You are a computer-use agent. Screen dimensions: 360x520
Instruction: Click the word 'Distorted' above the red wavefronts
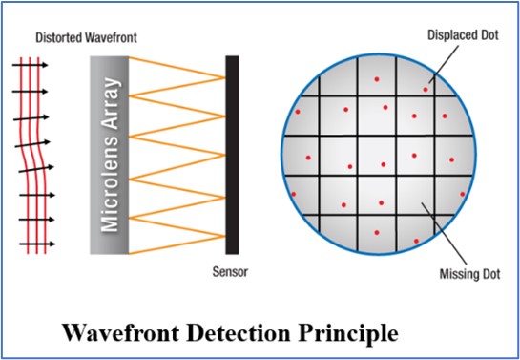pos(55,39)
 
